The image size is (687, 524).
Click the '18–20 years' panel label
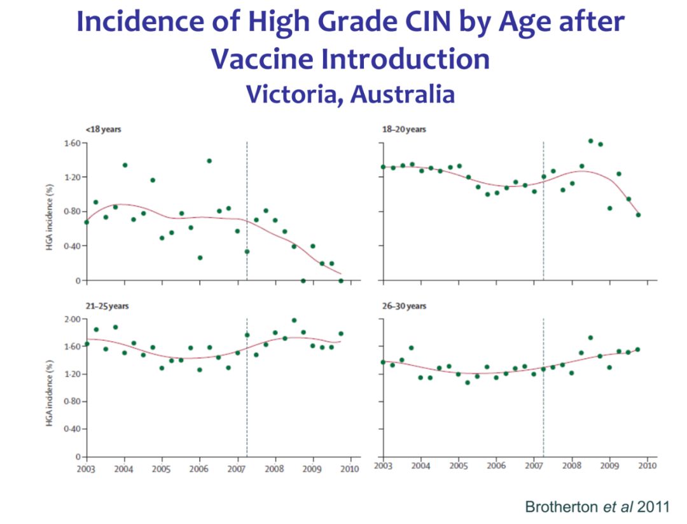point(405,130)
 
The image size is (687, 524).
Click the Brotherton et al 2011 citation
point(597,506)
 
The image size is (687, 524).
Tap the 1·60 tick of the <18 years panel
point(71,143)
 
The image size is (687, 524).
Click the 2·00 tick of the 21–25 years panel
point(71,319)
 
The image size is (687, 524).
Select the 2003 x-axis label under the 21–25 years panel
point(87,469)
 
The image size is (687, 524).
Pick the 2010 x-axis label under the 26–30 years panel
point(648,466)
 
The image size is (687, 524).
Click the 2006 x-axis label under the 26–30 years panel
point(496,466)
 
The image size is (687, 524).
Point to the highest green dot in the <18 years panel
point(209,161)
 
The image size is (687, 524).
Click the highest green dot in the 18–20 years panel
point(591,141)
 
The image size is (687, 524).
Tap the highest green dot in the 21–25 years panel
point(294,321)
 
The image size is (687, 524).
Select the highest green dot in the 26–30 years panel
point(591,338)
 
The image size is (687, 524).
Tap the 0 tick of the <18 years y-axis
point(77,280)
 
